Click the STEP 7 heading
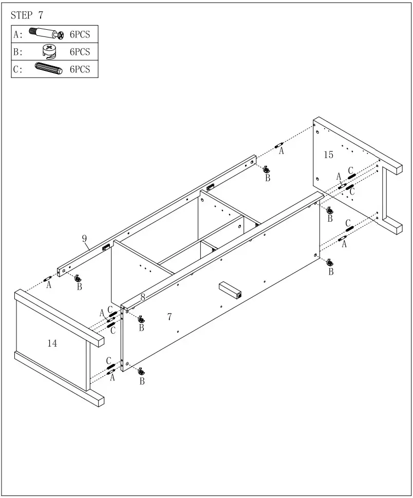[27, 15]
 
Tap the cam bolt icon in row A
[46, 34]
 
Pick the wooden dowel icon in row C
[48, 68]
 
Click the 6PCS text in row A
[80, 35]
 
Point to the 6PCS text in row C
[80, 69]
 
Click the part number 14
[52, 343]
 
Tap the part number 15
[328, 155]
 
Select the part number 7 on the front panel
[169, 317]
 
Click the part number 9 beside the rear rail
[84, 238]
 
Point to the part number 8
[143, 297]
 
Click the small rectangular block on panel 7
[230, 290]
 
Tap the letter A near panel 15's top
[281, 151]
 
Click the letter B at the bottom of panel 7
[142, 381]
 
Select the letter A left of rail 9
[49, 285]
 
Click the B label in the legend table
[17, 52]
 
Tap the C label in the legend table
[17, 69]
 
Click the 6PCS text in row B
[80, 52]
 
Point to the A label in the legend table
[17, 35]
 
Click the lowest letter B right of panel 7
[331, 271]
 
